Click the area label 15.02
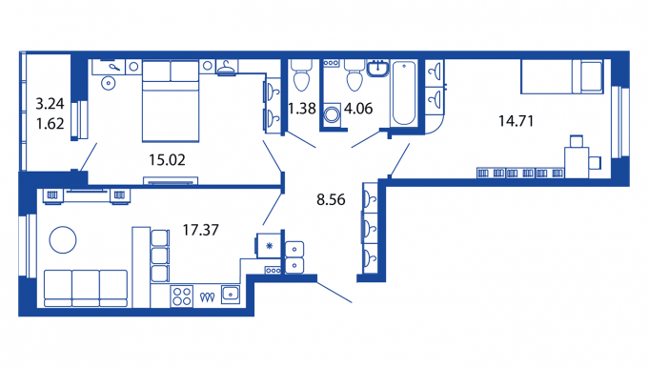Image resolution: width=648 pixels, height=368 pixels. pyautogui.click(x=167, y=159)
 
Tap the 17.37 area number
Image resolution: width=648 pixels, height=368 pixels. pyautogui.click(x=201, y=230)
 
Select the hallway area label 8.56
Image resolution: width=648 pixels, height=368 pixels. pyautogui.click(x=331, y=199)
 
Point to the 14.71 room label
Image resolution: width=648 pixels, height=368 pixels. pyautogui.click(x=516, y=121)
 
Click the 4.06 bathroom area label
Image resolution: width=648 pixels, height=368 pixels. pyautogui.click(x=358, y=109)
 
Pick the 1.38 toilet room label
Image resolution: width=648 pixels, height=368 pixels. pyautogui.click(x=302, y=109)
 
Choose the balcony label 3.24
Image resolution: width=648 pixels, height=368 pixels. pyautogui.click(x=50, y=104)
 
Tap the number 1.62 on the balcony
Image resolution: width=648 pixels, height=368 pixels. pyautogui.click(x=50, y=123)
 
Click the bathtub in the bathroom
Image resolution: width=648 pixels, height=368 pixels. pyautogui.click(x=404, y=93)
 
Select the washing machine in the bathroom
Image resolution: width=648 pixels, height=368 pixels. pyautogui.click(x=332, y=114)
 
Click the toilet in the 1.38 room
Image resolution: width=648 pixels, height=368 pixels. pyautogui.click(x=301, y=75)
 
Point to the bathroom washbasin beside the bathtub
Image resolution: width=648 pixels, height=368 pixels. pyautogui.click(x=377, y=69)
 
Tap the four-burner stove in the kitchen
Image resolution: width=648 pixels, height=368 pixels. pyautogui.click(x=182, y=296)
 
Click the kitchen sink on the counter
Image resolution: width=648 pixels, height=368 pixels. pyautogui.click(x=231, y=294)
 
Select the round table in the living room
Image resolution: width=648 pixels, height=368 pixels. pyautogui.click(x=63, y=240)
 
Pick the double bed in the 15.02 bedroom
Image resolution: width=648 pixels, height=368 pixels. pyautogui.click(x=171, y=101)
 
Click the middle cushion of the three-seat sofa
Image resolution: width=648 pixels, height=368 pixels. pyautogui.click(x=86, y=288)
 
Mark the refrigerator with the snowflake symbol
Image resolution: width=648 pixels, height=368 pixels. pyautogui.click(x=269, y=246)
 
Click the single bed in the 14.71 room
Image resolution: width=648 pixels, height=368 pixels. pyautogui.click(x=562, y=77)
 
